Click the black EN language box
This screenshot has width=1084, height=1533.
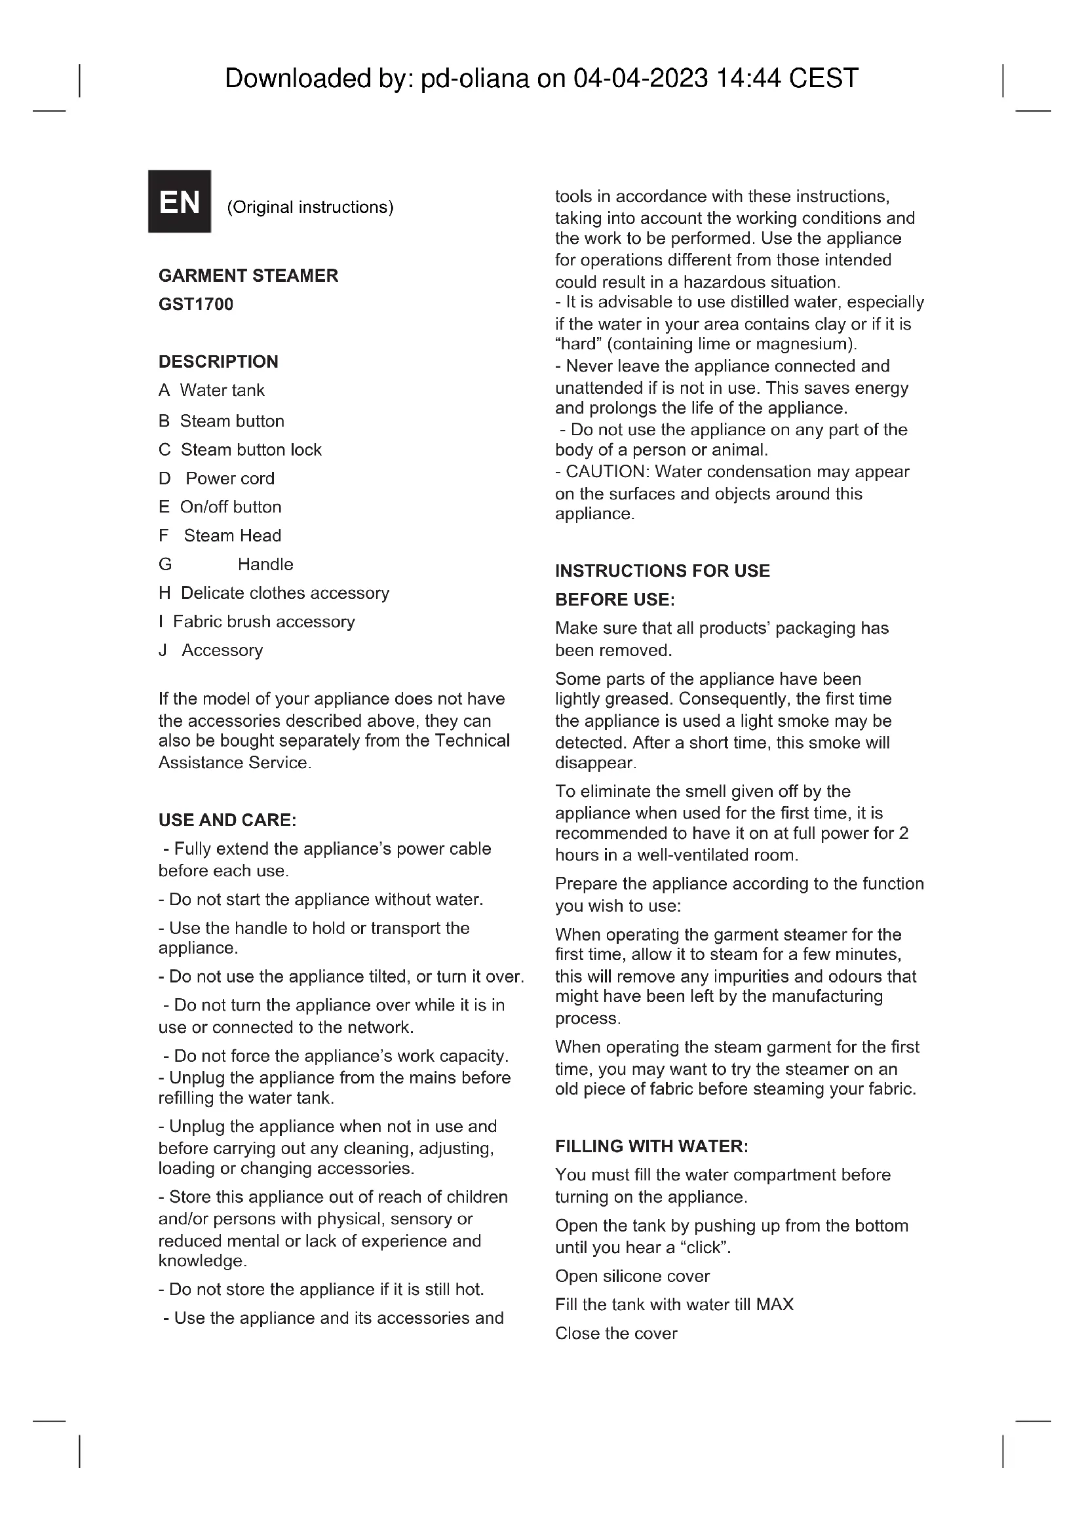pos(179,201)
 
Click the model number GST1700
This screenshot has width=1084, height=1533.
pos(195,305)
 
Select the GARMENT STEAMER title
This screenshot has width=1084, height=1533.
pos(248,276)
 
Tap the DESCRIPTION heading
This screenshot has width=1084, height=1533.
pos(218,362)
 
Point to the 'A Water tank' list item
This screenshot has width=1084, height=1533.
pos(212,391)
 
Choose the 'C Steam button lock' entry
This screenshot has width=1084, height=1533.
pos(240,450)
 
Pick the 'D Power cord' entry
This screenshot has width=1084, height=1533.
pos(216,478)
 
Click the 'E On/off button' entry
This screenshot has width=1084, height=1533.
pos(220,507)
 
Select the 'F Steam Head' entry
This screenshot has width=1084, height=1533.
pos(220,536)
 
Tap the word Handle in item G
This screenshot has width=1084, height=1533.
pos(265,565)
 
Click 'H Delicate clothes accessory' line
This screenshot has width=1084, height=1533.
pos(274,594)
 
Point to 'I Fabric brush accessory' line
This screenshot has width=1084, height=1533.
pos(256,622)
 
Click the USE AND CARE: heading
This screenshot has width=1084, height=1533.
pos(227,820)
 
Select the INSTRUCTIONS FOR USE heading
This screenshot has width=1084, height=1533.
pos(662,571)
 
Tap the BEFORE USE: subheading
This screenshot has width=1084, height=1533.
pos(615,600)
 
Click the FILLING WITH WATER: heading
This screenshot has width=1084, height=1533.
pos(651,1146)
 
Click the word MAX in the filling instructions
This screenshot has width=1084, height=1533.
pos(774,1305)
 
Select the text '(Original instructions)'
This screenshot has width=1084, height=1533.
pos(311,208)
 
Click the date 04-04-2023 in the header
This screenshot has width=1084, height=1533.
pos(640,79)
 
